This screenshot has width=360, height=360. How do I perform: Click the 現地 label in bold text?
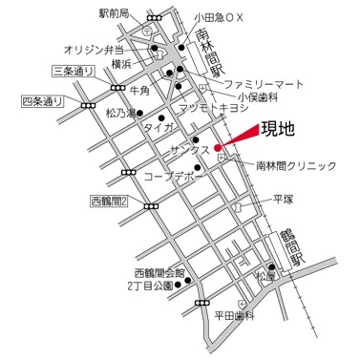279,126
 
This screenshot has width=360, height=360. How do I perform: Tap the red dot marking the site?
219,147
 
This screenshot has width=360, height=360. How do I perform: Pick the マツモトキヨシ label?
221,107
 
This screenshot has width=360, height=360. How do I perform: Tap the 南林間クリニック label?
296,166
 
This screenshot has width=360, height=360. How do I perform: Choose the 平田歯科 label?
235,315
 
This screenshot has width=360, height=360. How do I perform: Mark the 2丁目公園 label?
151,286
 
